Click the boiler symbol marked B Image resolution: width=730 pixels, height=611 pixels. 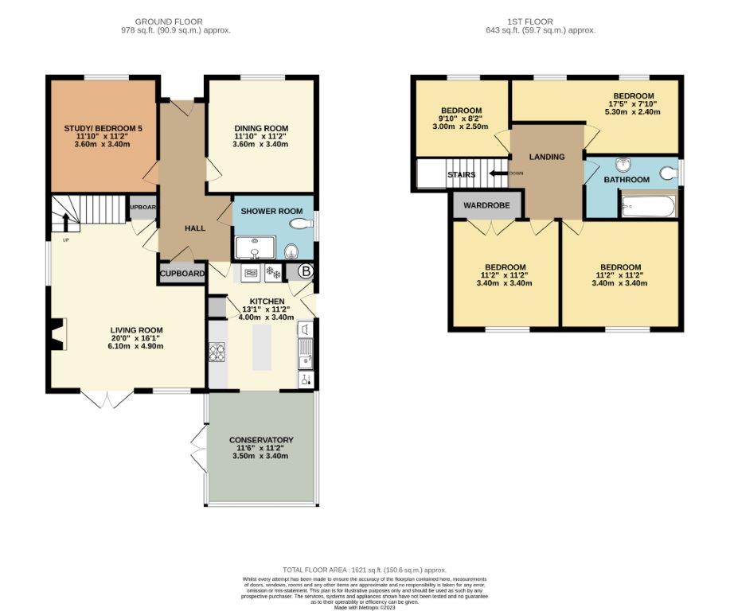tap(305, 272)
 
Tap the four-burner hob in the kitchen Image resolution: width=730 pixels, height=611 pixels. tap(217, 351)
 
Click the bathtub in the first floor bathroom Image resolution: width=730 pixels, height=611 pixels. tap(648, 206)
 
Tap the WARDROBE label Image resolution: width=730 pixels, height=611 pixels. tap(486, 205)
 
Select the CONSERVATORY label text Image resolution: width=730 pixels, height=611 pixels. tap(261, 440)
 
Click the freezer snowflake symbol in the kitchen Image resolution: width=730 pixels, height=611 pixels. tap(273, 272)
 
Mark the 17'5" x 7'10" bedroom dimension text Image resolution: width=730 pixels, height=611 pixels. tap(633, 103)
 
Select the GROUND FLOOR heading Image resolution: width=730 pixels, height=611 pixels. tap(168, 21)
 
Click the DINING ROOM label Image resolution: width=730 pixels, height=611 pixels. tap(260, 128)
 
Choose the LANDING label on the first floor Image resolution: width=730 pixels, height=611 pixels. tap(546, 157)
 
